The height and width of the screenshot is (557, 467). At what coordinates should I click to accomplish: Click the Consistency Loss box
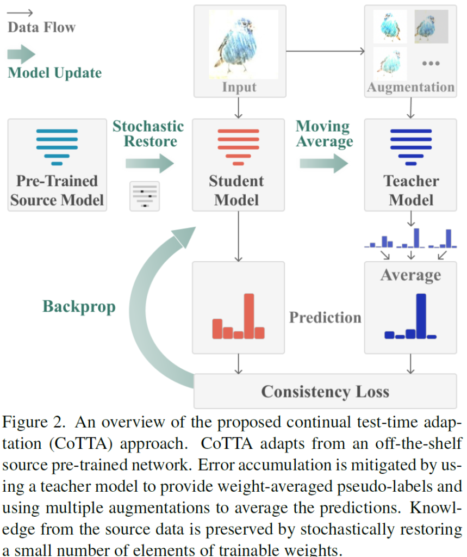(325, 391)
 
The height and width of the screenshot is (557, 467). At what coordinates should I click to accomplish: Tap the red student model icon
(238, 146)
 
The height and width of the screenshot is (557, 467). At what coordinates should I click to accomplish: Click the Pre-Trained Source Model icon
(57, 146)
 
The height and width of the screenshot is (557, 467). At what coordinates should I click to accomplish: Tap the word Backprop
(79, 307)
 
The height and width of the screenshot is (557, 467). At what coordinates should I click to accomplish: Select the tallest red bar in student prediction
(249, 316)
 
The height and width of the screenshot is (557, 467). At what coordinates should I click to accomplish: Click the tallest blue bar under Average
(421, 316)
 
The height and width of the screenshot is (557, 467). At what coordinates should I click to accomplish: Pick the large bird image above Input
(238, 44)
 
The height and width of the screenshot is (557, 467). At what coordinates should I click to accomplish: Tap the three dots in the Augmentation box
(431, 64)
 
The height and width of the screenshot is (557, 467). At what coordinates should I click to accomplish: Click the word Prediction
(325, 317)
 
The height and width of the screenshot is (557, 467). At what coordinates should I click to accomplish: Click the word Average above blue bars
(410, 275)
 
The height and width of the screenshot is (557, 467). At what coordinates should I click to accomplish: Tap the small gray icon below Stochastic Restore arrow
(145, 196)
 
